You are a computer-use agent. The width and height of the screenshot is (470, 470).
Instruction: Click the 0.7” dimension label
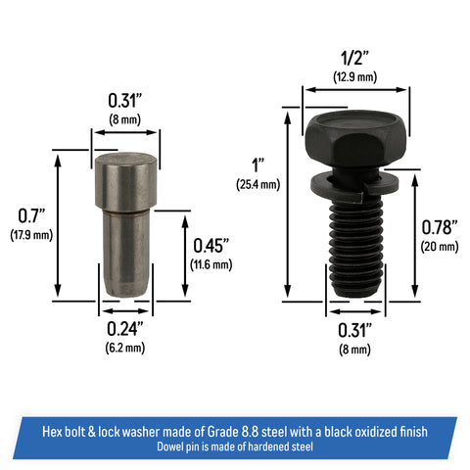pyautogui.click(x=31, y=215)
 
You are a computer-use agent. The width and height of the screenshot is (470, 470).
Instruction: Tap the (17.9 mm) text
pyautogui.click(x=31, y=235)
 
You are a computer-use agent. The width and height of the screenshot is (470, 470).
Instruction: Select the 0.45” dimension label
pyautogui.click(x=211, y=246)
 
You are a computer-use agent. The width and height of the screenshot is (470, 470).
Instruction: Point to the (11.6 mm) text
pyautogui.click(x=211, y=264)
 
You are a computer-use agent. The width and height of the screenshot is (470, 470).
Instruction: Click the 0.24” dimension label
pyautogui.click(x=125, y=329)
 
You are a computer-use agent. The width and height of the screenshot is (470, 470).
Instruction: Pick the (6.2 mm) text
pyautogui.click(x=125, y=348)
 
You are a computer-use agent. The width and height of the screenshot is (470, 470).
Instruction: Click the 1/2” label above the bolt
pyautogui.click(x=354, y=58)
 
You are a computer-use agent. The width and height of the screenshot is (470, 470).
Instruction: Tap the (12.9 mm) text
pyautogui.click(x=354, y=77)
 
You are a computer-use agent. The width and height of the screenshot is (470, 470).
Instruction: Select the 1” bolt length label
pyautogui.click(x=258, y=165)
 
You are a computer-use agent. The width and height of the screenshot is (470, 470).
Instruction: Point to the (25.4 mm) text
pyautogui.click(x=258, y=184)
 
